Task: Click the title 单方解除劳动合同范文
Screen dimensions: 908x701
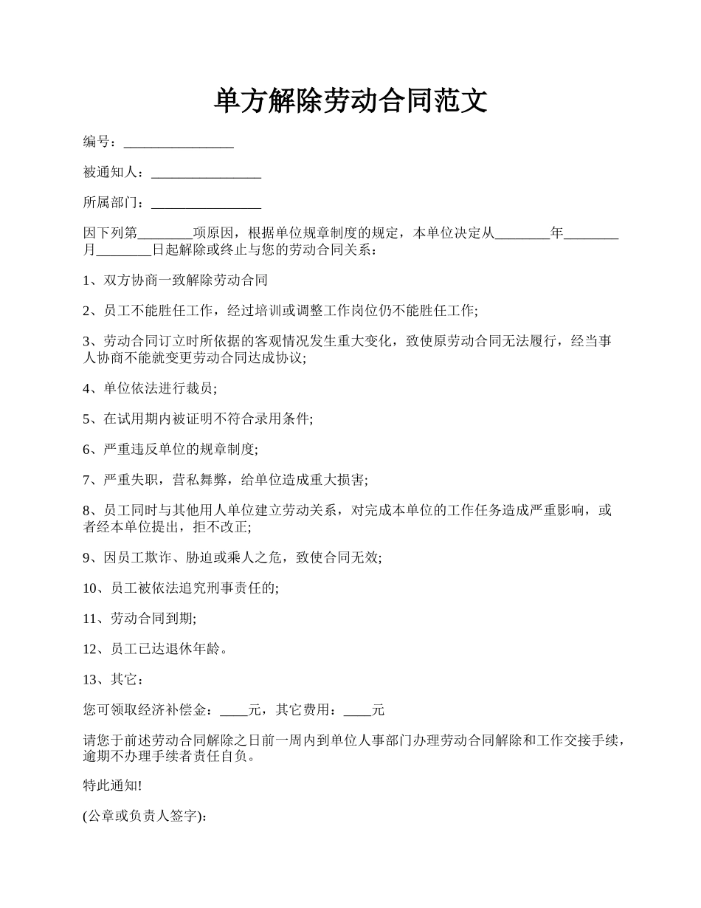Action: [350, 101]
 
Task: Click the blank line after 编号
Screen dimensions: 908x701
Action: [179, 142]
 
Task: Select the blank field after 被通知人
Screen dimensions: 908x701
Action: [206, 173]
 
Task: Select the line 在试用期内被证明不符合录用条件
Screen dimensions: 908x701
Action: [198, 419]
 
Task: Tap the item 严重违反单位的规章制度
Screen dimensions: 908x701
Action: [170, 450]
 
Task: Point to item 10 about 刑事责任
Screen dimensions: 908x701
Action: [181, 588]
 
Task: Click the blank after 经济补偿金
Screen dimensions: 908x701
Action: [235, 711]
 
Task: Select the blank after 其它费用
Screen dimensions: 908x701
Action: [358, 711]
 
